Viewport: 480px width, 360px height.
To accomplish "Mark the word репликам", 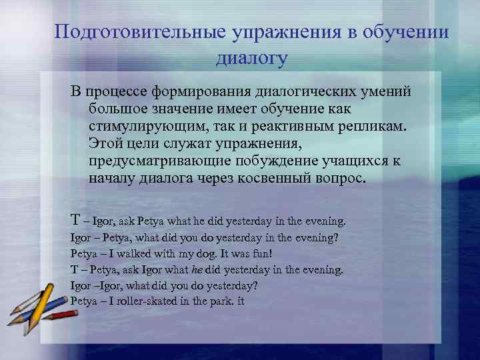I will (380, 127).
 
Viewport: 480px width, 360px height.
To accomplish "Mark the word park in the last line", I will (225, 301).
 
